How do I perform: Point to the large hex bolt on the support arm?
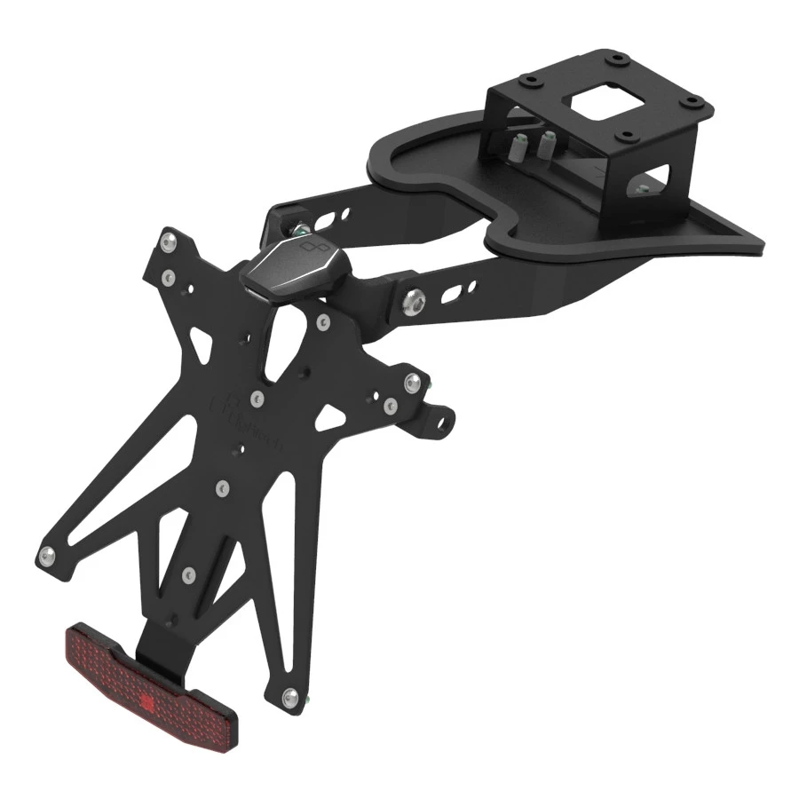[x=414, y=303]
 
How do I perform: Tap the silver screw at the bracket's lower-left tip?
[x=45, y=557]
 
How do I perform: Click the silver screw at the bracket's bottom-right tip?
[x=289, y=699]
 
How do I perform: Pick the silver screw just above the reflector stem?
[x=188, y=576]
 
